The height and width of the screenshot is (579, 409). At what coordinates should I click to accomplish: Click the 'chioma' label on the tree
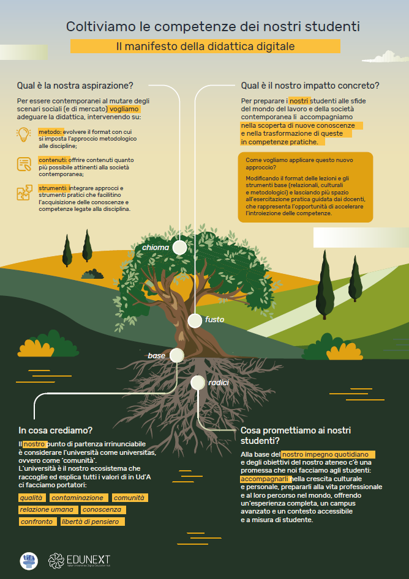tap(156, 248)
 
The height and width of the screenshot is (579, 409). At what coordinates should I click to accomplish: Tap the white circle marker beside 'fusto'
tap(195, 321)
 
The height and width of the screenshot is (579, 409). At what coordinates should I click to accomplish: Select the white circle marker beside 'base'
tap(177, 355)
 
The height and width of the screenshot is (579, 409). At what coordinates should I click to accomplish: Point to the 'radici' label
tap(219, 383)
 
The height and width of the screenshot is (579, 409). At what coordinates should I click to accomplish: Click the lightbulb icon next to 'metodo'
tap(24, 135)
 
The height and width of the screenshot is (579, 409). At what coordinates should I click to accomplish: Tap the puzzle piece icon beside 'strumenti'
tap(24, 193)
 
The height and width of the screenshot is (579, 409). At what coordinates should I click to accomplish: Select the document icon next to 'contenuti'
tap(24, 164)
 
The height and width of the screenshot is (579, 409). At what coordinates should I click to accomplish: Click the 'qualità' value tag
tap(32, 498)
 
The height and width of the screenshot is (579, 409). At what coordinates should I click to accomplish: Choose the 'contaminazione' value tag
tap(79, 498)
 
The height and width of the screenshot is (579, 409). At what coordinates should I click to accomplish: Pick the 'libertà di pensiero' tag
tap(92, 522)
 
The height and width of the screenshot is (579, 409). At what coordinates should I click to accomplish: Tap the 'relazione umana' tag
tap(48, 509)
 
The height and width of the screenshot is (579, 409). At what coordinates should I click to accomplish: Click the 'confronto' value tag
tap(38, 522)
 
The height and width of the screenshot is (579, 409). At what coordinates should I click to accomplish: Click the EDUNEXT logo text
tap(88, 559)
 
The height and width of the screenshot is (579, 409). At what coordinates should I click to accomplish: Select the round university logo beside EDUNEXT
tap(29, 561)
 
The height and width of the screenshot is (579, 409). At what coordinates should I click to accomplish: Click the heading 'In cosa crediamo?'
tap(56, 430)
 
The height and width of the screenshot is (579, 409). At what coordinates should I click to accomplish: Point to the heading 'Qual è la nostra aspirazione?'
tap(75, 86)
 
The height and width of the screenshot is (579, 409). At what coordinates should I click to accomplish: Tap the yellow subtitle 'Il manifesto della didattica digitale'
tap(205, 46)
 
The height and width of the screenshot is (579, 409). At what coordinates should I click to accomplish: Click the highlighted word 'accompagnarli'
tap(266, 479)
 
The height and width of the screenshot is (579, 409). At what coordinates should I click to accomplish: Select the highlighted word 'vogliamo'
tap(125, 109)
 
